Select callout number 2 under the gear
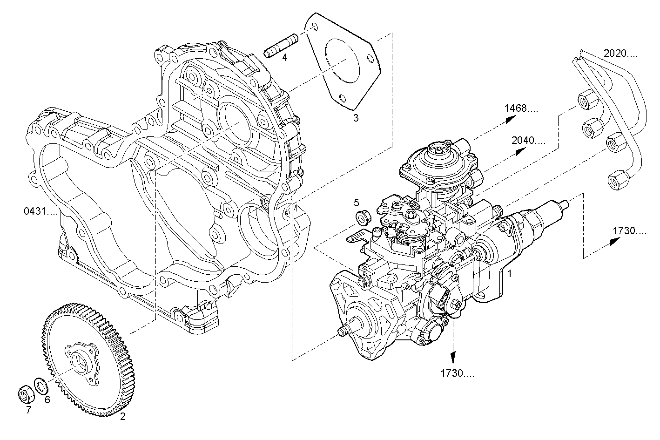click(x=123, y=417)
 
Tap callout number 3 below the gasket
click(x=356, y=118)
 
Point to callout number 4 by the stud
click(x=284, y=57)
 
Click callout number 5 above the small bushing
click(x=357, y=202)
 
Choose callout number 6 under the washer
click(x=47, y=399)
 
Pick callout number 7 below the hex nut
click(x=28, y=410)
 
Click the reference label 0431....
click(x=40, y=211)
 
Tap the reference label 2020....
click(x=620, y=53)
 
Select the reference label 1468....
click(x=521, y=108)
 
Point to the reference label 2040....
click(x=528, y=140)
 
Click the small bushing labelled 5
click(x=363, y=217)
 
